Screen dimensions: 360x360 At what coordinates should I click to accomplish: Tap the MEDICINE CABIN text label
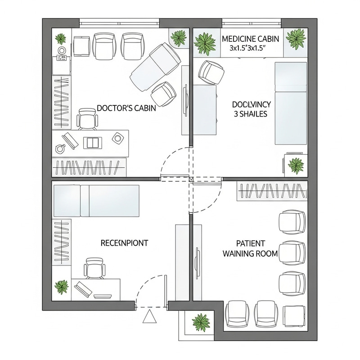tap(251, 39)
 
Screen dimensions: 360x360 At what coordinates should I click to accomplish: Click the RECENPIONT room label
tap(124, 243)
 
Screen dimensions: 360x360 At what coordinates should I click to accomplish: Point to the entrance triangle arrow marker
tap(149, 317)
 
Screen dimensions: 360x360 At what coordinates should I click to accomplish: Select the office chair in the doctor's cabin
tap(87, 118)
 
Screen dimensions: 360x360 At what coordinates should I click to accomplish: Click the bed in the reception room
tap(97, 200)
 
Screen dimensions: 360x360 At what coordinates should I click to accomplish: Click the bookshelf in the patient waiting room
tap(272, 191)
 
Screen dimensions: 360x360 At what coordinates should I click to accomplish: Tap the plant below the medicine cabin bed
tap(296, 165)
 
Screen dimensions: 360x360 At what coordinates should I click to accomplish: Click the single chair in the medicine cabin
tap(211, 72)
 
